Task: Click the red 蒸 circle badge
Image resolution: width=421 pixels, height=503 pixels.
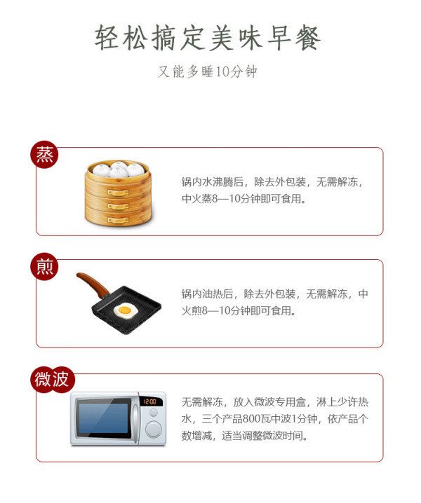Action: click(x=44, y=155)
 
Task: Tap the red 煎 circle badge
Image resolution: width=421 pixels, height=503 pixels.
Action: click(x=44, y=267)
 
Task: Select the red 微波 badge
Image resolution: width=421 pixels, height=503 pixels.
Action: click(x=53, y=380)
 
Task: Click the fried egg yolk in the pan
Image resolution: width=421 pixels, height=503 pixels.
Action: click(x=124, y=310)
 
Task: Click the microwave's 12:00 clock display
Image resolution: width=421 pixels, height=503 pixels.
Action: click(x=149, y=401)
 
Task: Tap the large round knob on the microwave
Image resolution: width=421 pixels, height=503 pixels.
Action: click(x=153, y=429)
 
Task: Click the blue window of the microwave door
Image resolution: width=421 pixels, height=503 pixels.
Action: click(x=103, y=418)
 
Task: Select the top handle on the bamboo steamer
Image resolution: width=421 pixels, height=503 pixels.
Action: click(x=118, y=192)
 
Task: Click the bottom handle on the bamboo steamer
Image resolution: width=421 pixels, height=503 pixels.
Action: click(x=118, y=220)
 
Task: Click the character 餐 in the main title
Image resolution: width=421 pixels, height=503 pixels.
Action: click(x=308, y=38)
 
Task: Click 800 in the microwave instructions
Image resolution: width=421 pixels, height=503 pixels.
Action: click(x=253, y=419)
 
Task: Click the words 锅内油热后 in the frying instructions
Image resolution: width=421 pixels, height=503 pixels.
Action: click(x=207, y=294)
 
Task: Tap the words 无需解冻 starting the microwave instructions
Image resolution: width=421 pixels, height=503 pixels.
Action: click(x=202, y=402)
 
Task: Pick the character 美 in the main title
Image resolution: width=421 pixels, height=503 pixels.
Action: click(x=221, y=38)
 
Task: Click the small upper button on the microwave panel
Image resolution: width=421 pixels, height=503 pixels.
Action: click(x=154, y=413)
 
